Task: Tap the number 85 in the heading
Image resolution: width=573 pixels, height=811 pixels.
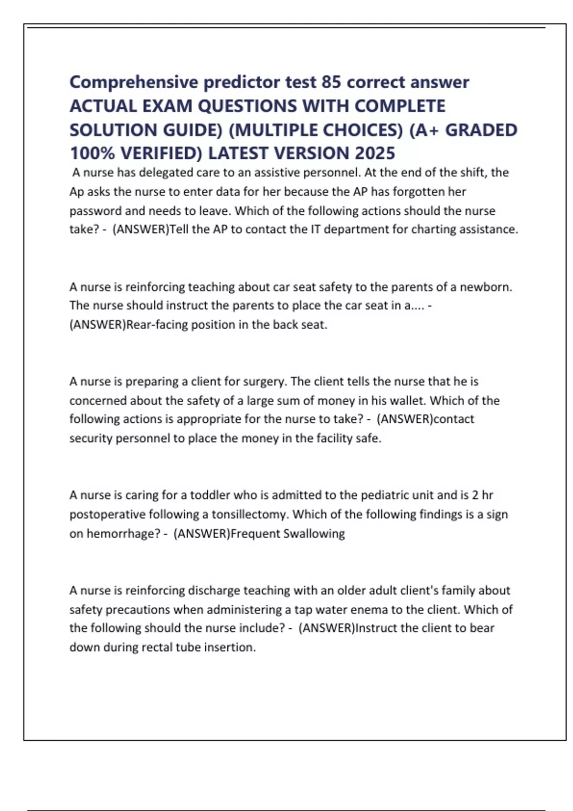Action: (x=331, y=83)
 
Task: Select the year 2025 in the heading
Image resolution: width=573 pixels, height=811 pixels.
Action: (x=375, y=154)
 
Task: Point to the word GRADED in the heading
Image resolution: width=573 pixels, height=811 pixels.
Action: (x=481, y=130)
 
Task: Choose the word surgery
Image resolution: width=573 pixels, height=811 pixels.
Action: (x=265, y=382)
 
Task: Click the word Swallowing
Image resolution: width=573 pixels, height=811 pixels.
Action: (x=314, y=533)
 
